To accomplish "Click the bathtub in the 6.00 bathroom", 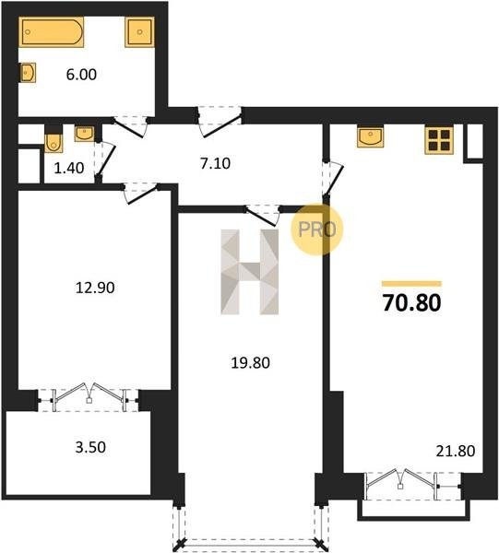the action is click(x=51, y=31).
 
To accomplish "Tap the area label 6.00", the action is click(x=81, y=75).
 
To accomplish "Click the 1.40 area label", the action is click(x=69, y=168).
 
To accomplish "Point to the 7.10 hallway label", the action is click(x=215, y=164).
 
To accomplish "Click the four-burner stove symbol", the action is click(x=439, y=140).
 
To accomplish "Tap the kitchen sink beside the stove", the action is click(x=370, y=137).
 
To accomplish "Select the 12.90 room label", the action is click(x=95, y=288).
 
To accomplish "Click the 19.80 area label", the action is click(x=250, y=362).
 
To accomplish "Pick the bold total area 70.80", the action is click(x=411, y=303).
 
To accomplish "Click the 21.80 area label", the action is click(x=456, y=451).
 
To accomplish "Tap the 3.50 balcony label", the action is click(x=90, y=447).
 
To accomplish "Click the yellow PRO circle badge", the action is click(x=317, y=229).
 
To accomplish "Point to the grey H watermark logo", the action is click(x=249, y=272).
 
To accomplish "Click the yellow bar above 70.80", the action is click(x=411, y=284).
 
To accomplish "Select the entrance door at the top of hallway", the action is click(x=220, y=122).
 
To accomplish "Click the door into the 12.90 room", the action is click(x=140, y=193).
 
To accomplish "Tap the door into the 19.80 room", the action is click(x=263, y=215).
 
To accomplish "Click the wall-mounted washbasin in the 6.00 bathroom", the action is click(x=28, y=73).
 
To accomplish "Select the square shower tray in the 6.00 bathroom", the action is click(x=139, y=31).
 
